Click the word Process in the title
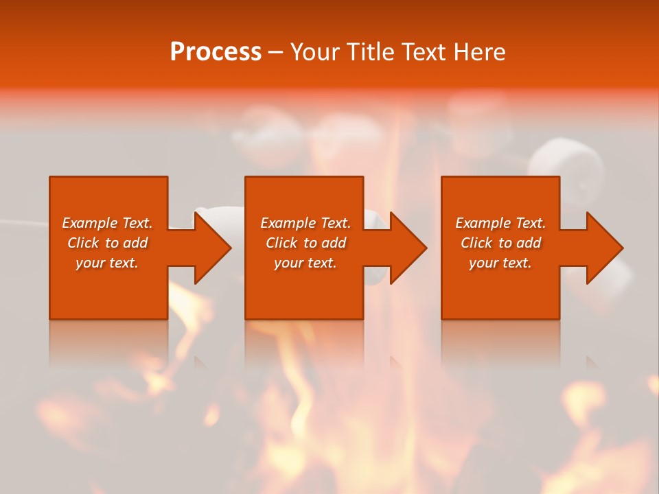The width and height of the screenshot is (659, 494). point(216,52)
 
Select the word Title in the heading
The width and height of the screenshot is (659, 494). point(372,52)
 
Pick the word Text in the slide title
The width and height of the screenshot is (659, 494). point(425,52)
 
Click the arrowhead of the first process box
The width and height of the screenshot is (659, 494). point(212,248)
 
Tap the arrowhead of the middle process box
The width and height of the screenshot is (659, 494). point(408,248)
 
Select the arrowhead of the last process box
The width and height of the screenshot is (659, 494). point(604,248)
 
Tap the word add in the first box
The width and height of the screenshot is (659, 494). point(135,243)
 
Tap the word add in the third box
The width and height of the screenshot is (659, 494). point(529,243)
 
